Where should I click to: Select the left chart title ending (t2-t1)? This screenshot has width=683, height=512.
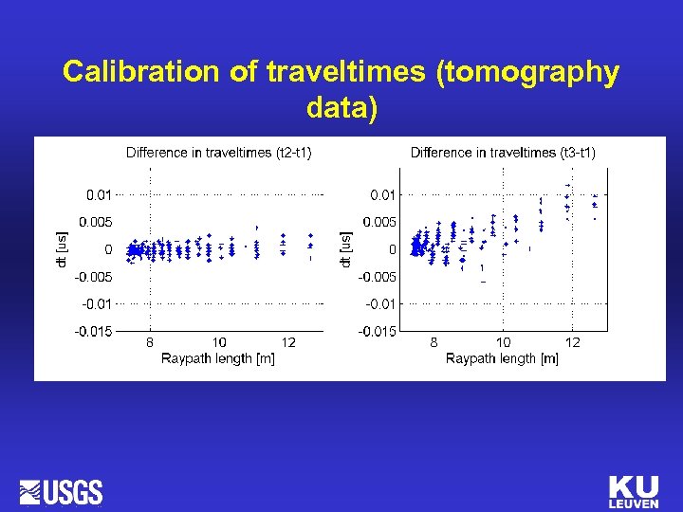(219, 153)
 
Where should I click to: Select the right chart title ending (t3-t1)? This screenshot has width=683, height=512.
(503, 153)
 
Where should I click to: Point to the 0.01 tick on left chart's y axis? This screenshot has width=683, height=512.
(99, 194)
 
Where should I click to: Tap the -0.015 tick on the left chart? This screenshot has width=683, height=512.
(94, 331)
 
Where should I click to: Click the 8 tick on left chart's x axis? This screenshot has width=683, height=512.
(150, 342)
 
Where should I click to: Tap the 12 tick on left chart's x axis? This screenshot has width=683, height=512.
(288, 342)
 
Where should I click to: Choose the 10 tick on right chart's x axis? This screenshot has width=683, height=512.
(503, 342)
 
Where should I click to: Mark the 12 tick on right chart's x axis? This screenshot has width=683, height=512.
(573, 342)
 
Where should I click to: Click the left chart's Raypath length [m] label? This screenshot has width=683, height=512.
(218, 358)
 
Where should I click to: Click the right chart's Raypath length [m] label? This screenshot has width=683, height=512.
(502, 358)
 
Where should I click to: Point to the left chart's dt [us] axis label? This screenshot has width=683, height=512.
(62, 248)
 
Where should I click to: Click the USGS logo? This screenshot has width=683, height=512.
(61, 492)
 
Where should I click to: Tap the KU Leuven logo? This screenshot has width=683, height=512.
(633, 492)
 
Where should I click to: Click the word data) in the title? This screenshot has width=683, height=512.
(341, 109)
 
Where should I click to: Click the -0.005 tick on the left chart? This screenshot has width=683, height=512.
(94, 276)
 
